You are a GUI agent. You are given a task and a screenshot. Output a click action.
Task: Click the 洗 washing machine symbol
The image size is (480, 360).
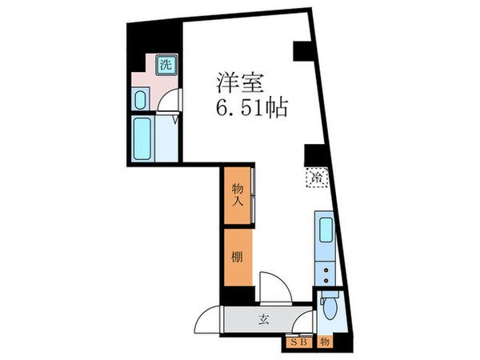pyautogui.click(x=165, y=65)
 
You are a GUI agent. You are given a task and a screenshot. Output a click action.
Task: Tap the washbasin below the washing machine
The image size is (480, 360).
pyautogui.click(x=141, y=100)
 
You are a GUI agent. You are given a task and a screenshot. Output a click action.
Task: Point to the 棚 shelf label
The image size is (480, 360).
pyautogui.click(x=238, y=258)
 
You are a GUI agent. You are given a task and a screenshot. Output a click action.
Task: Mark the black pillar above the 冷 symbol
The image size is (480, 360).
pyautogui.click(x=311, y=154)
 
